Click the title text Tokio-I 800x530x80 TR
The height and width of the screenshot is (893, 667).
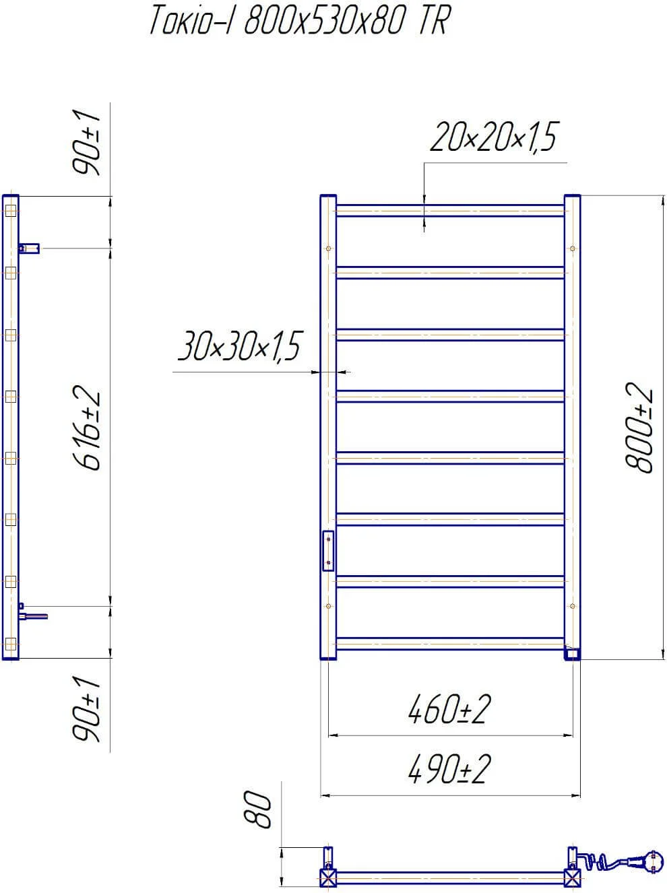click(x=300, y=20)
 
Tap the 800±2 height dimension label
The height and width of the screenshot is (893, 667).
click(x=639, y=428)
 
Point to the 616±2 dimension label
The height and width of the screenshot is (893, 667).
click(x=86, y=428)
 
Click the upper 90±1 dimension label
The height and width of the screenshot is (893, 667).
click(x=86, y=142)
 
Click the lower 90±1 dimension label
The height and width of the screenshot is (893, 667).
click(x=86, y=708)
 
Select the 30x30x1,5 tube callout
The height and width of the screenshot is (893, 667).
click(x=240, y=345)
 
